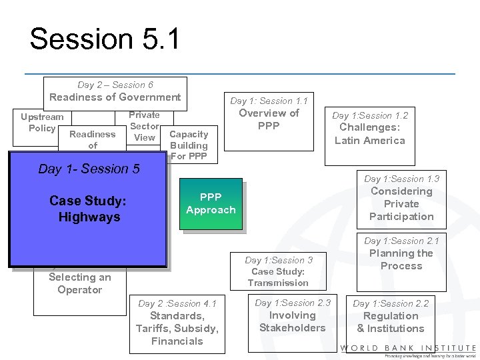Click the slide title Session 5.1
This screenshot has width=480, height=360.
[105, 39]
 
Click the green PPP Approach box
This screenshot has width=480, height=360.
[211, 203]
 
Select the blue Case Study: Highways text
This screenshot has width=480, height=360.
[88, 209]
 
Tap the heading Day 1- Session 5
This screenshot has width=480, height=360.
[89, 169]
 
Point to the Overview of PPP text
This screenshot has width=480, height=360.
[269, 119]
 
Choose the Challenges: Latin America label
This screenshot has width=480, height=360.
[369, 133]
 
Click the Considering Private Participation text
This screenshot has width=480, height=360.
[401, 203]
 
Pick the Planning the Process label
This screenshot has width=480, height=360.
[401, 259]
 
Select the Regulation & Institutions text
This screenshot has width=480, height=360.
[391, 322]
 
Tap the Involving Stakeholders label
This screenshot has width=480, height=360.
[292, 321]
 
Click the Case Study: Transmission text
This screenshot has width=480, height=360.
[278, 277]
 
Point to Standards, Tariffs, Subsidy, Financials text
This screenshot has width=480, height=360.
[177, 328]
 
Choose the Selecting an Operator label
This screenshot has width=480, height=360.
[79, 283]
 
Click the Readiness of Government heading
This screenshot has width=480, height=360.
[115, 97]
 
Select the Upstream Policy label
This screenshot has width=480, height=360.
[42, 123]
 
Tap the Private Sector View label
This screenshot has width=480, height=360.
[144, 126]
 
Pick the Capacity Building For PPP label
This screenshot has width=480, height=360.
[189, 145]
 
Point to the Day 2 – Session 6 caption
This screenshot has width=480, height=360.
[115, 85]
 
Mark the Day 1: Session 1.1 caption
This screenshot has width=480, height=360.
[269, 101]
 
